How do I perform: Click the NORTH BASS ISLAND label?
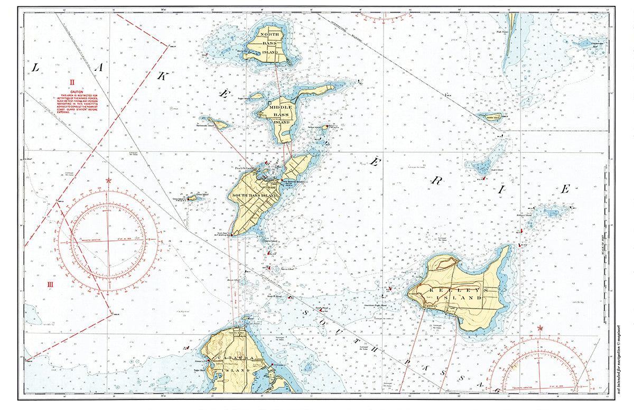pos(273,40)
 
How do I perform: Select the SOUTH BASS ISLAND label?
pos(255,195)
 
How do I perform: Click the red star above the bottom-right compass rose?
pos(539,328)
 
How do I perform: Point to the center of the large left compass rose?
pos(109,240)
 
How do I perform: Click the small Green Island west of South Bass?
pos(191,199)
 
